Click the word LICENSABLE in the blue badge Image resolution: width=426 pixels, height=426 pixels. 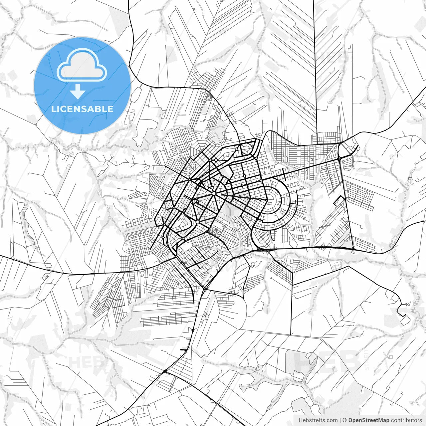pyautogui.click(x=82, y=109)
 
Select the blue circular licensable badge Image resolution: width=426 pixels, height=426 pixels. pyautogui.click(x=82, y=86)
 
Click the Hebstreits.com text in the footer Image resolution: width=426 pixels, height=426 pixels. pyautogui.click(x=318, y=420)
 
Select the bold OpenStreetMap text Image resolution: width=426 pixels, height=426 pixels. pyautogui.click(x=369, y=420)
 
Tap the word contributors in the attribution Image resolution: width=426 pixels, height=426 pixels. pyautogui.click(x=406, y=420)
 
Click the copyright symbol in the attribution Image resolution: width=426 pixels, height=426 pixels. pyautogui.click(x=345, y=420)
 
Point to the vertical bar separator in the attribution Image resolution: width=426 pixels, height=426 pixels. pyautogui.click(x=340, y=420)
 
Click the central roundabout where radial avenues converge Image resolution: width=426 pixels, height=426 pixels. pyautogui.click(x=213, y=193)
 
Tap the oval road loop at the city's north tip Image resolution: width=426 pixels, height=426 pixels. pyautogui.click(x=247, y=149)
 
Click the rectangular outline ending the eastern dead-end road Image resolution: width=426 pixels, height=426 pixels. pyautogui.click(x=405, y=320)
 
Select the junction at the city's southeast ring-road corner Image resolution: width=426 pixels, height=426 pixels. pyautogui.click(x=353, y=249)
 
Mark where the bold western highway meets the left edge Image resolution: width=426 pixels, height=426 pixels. pyautogui.click(x=1, y=256)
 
